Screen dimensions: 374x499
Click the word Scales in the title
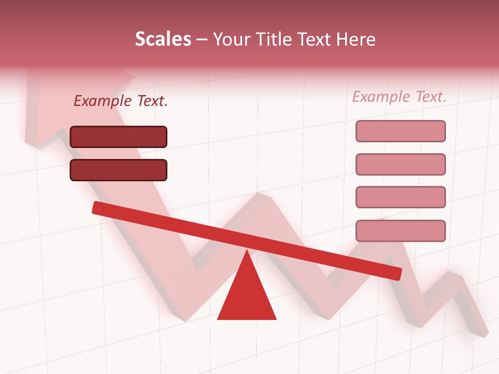(x=163, y=39)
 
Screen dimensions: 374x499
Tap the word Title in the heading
(x=277, y=39)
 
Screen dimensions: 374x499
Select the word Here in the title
(x=356, y=39)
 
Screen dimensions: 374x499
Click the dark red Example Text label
(x=121, y=101)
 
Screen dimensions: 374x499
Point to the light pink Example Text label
(x=399, y=97)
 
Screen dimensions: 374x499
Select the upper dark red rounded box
(x=119, y=137)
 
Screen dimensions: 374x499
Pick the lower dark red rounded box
(x=119, y=170)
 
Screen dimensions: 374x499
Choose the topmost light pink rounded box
(x=401, y=131)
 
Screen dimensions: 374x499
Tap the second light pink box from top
(x=401, y=164)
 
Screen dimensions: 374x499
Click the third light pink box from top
(x=401, y=197)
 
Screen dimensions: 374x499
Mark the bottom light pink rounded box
(x=401, y=231)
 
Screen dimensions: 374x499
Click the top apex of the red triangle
(x=247, y=252)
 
